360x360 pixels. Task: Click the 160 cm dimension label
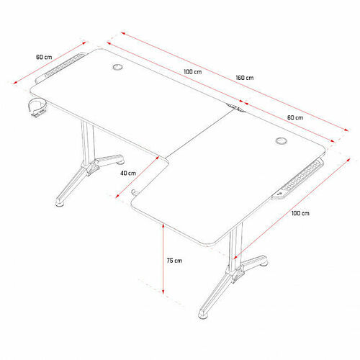[245, 78]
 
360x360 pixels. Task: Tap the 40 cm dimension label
[128, 173]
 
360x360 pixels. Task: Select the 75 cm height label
[174, 261]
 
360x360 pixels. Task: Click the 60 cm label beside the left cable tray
[44, 57]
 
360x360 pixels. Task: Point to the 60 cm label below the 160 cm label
[295, 117]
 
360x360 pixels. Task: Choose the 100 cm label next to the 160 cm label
[193, 72]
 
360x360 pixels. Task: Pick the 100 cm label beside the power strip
[300, 213]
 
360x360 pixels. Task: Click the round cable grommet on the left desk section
[117, 67]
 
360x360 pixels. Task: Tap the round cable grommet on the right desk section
[281, 141]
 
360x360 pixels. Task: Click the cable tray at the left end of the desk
[60, 68]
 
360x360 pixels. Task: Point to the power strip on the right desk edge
[298, 179]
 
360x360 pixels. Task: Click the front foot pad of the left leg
[60, 204]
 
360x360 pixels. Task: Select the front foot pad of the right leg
[204, 315]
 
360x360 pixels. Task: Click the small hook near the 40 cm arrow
[134, 192]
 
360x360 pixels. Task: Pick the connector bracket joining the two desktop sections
[235, 107]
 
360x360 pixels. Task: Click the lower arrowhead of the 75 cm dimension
[163, 292]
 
